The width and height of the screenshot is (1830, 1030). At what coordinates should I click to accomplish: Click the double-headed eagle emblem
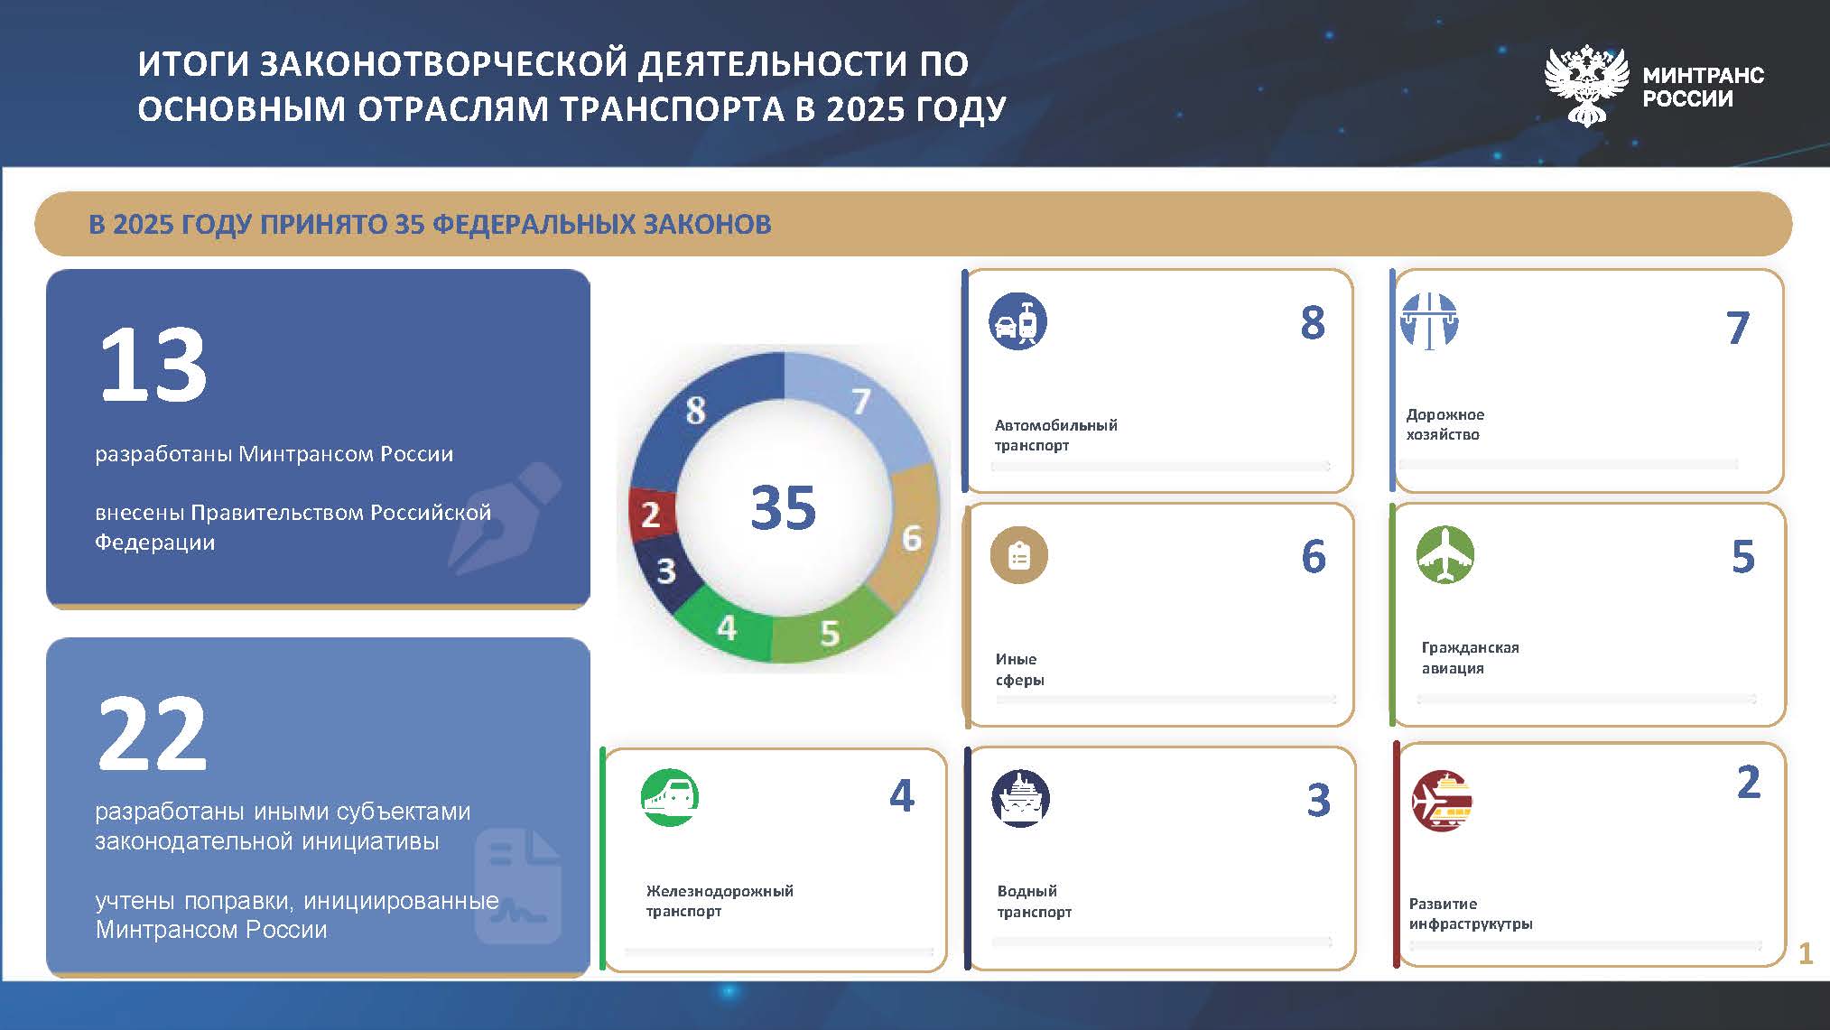[1587, 85]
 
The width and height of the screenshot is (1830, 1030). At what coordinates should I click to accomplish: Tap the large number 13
[153, 366]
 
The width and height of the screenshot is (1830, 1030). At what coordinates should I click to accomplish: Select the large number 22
[152, 734]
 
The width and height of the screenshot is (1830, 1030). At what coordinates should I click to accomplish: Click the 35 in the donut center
[783, 506]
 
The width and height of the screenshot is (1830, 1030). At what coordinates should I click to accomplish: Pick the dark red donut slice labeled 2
[650, 514]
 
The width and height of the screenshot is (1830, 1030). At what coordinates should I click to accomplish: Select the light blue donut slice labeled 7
[867, 406]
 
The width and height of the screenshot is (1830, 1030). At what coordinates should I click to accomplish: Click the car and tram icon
[1017, 321]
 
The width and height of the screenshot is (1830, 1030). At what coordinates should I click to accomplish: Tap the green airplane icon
[1445, 554]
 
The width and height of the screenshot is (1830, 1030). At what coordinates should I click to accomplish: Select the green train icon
[670, 797]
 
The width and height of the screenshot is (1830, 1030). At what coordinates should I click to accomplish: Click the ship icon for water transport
[1020, 798]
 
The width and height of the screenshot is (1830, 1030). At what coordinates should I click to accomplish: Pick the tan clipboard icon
[1019, 554]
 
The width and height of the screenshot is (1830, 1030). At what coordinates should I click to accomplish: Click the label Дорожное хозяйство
[1444, 424]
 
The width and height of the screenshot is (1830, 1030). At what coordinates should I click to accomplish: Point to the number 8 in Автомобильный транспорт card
[1313, 322]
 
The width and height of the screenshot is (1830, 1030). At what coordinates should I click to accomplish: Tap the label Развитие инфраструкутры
[1471, 914]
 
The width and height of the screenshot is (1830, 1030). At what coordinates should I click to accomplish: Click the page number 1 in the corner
[1806, 953]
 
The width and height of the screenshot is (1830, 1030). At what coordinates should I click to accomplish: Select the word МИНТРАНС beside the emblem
[1703, 75]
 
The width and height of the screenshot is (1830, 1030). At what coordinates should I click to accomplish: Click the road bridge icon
[1429, 321]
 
